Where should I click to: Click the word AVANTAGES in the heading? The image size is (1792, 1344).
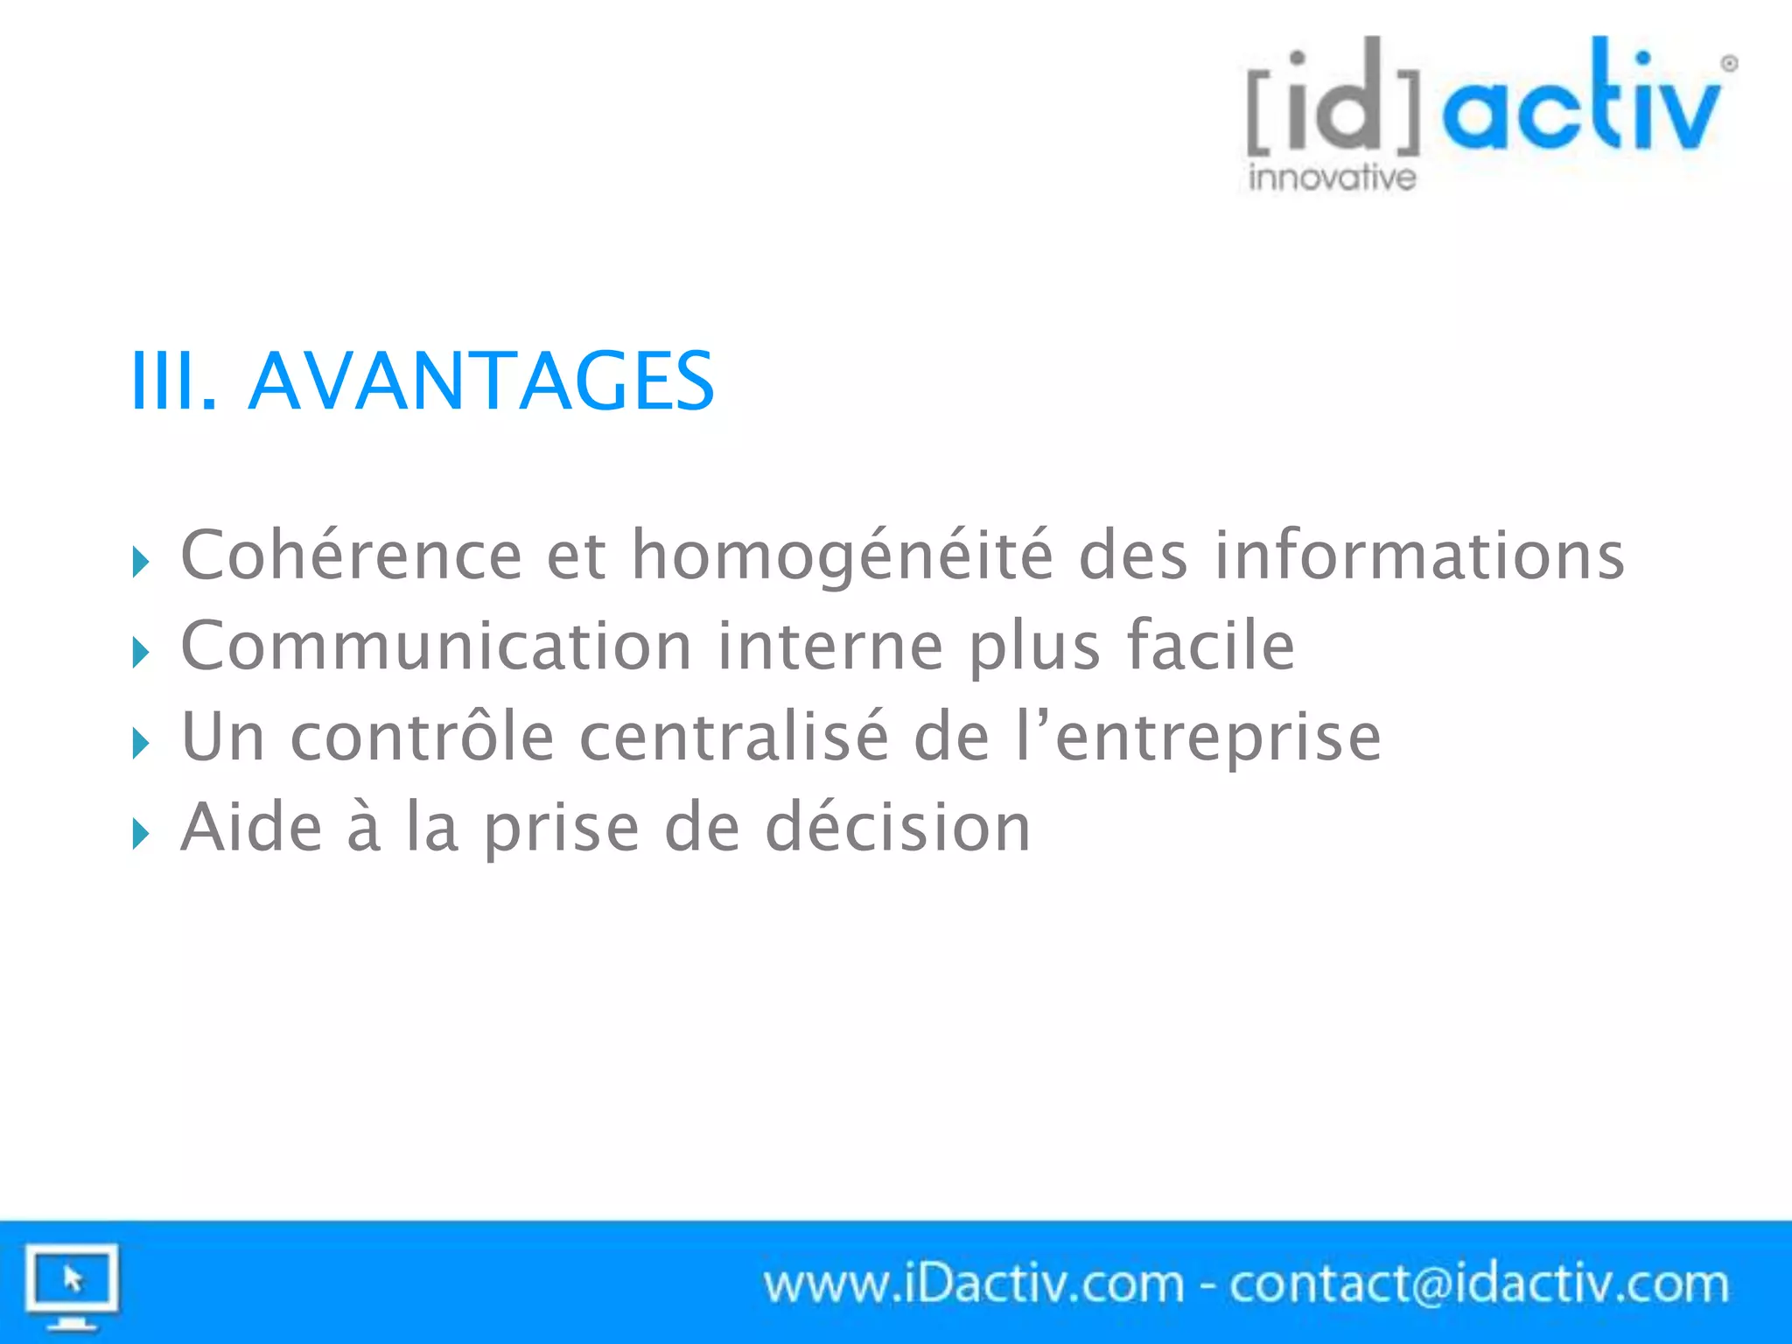[481, 381]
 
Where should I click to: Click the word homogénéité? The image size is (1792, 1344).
[843, 556]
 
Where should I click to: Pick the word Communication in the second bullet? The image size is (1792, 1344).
[437, 646]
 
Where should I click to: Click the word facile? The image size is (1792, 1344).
[1209, 646]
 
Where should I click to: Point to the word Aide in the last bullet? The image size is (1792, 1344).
[251, 827]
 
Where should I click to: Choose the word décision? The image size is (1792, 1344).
[898, 827]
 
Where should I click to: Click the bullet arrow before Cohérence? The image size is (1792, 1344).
[141, 562]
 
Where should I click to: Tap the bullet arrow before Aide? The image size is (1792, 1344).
[141, 834]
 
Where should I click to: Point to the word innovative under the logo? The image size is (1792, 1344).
[1332, 178]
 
